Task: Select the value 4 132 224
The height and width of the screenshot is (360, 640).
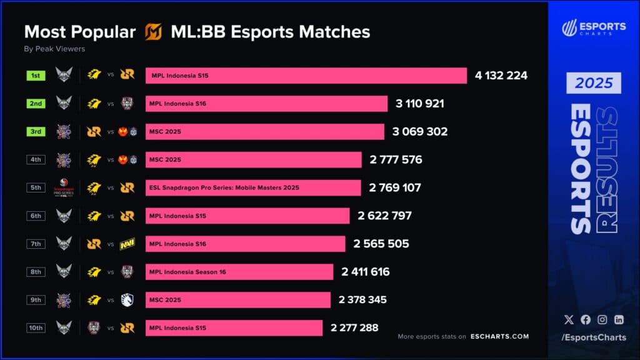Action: point(501,76)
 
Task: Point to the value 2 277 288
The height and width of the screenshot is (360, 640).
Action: point(354,327)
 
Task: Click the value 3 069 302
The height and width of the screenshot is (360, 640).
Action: point(421,132)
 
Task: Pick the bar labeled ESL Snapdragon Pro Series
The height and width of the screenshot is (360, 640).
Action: point(253,187)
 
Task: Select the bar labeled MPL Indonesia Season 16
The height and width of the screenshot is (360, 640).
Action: point(239,272)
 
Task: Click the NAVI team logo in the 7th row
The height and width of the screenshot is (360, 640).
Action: point(127,244)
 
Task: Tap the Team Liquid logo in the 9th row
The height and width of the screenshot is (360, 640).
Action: point(127,300)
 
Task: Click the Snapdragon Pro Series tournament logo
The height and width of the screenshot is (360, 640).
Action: point(64,187)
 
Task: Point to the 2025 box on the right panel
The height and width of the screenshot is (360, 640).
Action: point(594,83)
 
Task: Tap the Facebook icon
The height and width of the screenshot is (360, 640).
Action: point(586,319)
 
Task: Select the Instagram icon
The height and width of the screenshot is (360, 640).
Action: point(602,319)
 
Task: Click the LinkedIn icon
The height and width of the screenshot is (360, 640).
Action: point(619,319)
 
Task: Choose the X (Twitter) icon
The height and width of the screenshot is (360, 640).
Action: point(569,319)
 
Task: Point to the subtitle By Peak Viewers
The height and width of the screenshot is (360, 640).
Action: point(54,49)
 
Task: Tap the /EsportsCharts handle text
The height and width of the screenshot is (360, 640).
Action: point(594,338)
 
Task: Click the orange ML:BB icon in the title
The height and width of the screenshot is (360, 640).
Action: point(153,32)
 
